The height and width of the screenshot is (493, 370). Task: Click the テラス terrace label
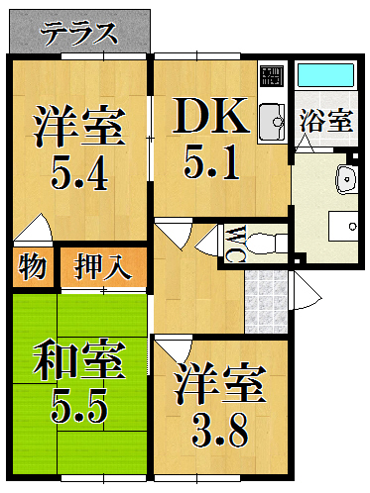79,33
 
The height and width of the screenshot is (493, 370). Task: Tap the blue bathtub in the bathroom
325,75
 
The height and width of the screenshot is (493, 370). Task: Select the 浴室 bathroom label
325,122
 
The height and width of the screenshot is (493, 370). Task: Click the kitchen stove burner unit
272,75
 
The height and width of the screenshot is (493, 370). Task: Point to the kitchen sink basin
272,122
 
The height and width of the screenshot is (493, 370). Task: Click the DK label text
210,116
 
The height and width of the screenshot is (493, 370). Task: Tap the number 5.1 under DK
211,163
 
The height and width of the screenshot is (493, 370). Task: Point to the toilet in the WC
266,245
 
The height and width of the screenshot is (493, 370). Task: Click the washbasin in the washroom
346,180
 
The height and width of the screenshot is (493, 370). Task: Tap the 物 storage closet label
33,266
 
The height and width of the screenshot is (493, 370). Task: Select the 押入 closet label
103,266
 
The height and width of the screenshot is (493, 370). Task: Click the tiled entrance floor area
266,302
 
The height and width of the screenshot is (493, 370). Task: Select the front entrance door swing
306,291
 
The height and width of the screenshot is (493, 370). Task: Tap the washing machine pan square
343,227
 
